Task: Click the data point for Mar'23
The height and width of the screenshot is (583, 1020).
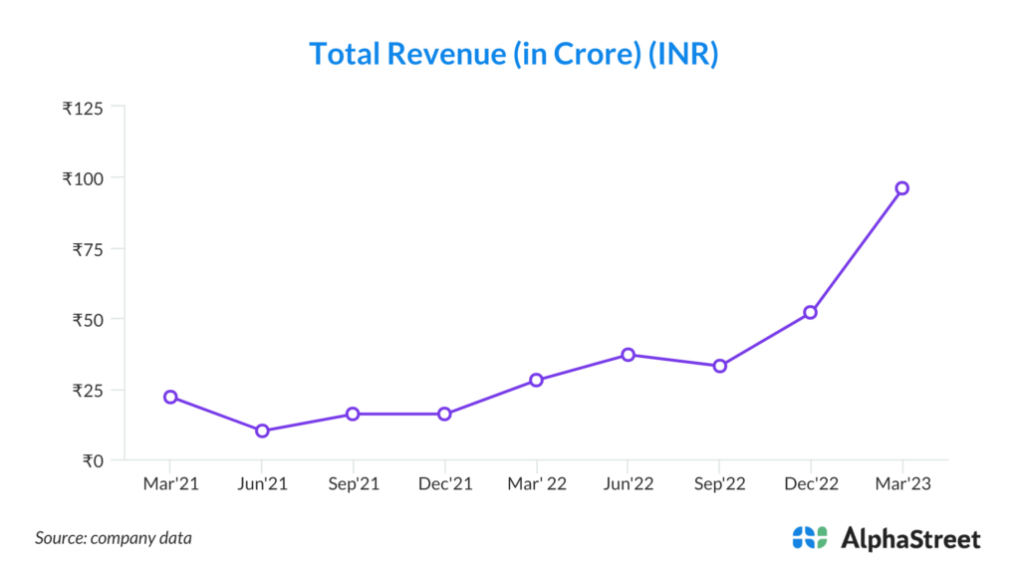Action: pos(901,188)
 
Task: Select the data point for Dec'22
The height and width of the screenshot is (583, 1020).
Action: pos(810,312)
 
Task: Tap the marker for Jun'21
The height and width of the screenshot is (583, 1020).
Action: pos(262,431)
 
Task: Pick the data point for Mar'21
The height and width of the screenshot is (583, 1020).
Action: pos(170,397)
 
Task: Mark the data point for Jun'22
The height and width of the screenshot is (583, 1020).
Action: pos(628,355)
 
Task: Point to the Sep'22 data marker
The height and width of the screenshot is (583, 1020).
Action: pos(719,366)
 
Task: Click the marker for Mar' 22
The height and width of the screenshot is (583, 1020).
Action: pos(536,380)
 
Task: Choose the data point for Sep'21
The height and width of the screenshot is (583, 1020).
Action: pos(353,414)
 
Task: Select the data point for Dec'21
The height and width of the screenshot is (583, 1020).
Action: pos(444,414)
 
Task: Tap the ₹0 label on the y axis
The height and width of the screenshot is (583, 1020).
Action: pos(92,460)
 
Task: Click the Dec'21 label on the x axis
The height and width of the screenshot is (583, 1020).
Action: pos(444,483)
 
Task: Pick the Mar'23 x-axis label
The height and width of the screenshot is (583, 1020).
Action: pos(901,483)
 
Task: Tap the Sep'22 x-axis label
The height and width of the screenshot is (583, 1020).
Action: pos(719,483)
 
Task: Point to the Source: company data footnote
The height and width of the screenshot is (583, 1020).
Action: pos(114,538)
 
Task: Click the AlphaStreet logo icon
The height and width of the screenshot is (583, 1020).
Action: pos(810,538)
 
